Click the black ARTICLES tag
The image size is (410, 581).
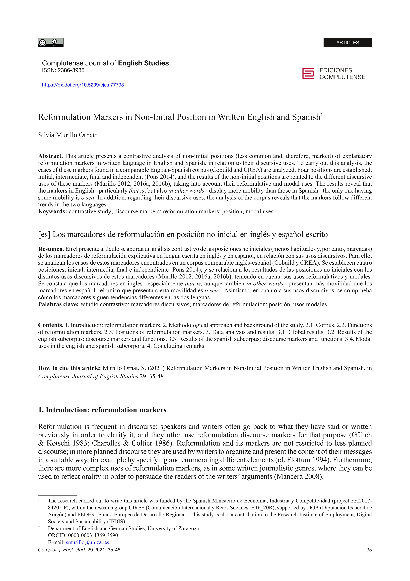tap(347, 43)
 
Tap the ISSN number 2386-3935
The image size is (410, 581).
tap(71, 70)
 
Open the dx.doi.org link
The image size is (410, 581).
tap(83, 85)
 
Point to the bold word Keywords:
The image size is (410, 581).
tap(53, 212)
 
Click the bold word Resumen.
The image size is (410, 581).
tap(51, 249)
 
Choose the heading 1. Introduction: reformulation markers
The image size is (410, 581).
tap(102, 410)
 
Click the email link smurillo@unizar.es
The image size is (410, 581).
tap(87, 542)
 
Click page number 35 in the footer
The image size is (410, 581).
tap(369, 550)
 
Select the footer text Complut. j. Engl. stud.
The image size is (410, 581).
tap(62, 550)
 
